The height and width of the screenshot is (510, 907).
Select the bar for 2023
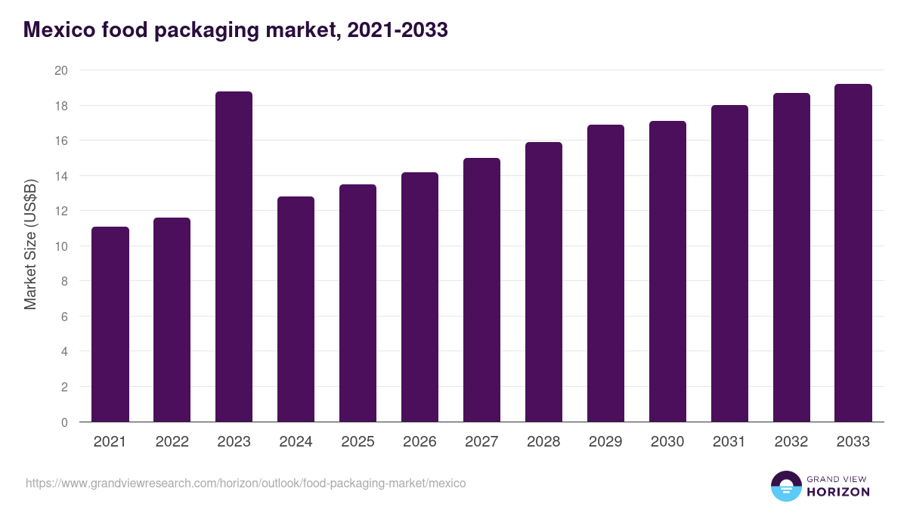[x=234, y=257]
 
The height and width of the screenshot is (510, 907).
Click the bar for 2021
[x=110, y=324]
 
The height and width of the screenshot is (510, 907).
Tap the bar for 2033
[x=853, y=253]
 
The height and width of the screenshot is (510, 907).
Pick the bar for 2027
[x=481, y=290]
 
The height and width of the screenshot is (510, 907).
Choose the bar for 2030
[x=667, y=271]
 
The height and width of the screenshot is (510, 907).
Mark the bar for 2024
[x=296, y=309]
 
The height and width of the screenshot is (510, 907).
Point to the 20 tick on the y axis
[x=61, y=70]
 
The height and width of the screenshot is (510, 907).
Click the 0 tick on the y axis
[x=64, y=422]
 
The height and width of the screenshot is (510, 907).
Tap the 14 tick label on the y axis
[x=61, y=176]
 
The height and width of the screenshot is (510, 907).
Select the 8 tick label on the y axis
[x=64, y=282]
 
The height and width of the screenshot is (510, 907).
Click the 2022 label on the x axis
[x=172, y=442]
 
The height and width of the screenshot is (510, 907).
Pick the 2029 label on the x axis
[x=605, y=442]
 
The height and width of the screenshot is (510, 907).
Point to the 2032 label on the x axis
[x=791, y=442]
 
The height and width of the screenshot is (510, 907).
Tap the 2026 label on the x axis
[x=419, y=442]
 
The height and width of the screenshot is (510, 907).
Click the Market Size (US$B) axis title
[x=30, y=246]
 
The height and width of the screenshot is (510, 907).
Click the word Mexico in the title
[x=57, y=29]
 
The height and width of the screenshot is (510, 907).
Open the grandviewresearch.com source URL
[x=246, y=483]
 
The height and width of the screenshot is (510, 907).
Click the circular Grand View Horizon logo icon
[x=785, y=486]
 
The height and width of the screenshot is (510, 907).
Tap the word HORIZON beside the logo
[x=837, y=492]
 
